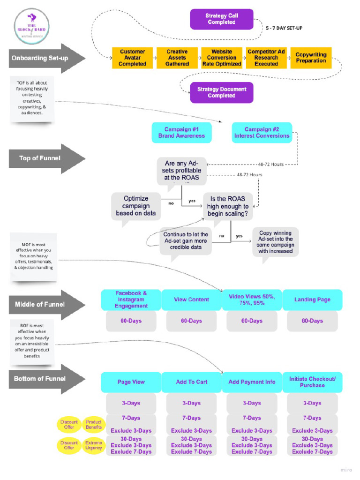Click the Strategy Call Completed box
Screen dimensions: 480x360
point(221,19)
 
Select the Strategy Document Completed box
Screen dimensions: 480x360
point(221,92)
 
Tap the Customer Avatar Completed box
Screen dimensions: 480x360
point(132,58)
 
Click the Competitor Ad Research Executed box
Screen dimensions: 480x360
point(266,58)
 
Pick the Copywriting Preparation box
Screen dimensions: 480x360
point(311,58)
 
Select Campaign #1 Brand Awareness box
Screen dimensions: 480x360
point(181,133)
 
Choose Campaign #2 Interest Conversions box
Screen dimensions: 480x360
point(262,133)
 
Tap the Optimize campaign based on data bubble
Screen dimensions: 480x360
point(135,207)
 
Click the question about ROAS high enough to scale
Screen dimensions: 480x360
point(227,206)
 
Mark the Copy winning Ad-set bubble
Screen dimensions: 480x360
point(275,242)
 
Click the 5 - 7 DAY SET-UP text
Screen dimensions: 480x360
point(284,28)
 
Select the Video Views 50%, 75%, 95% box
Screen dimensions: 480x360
point(252,300)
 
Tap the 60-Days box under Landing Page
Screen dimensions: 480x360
point(312,321)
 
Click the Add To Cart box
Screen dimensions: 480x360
point(191,382)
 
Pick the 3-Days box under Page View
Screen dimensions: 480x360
point(131,403)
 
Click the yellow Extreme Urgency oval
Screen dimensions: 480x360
point(93,445)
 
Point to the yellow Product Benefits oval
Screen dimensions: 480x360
point(93,425)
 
